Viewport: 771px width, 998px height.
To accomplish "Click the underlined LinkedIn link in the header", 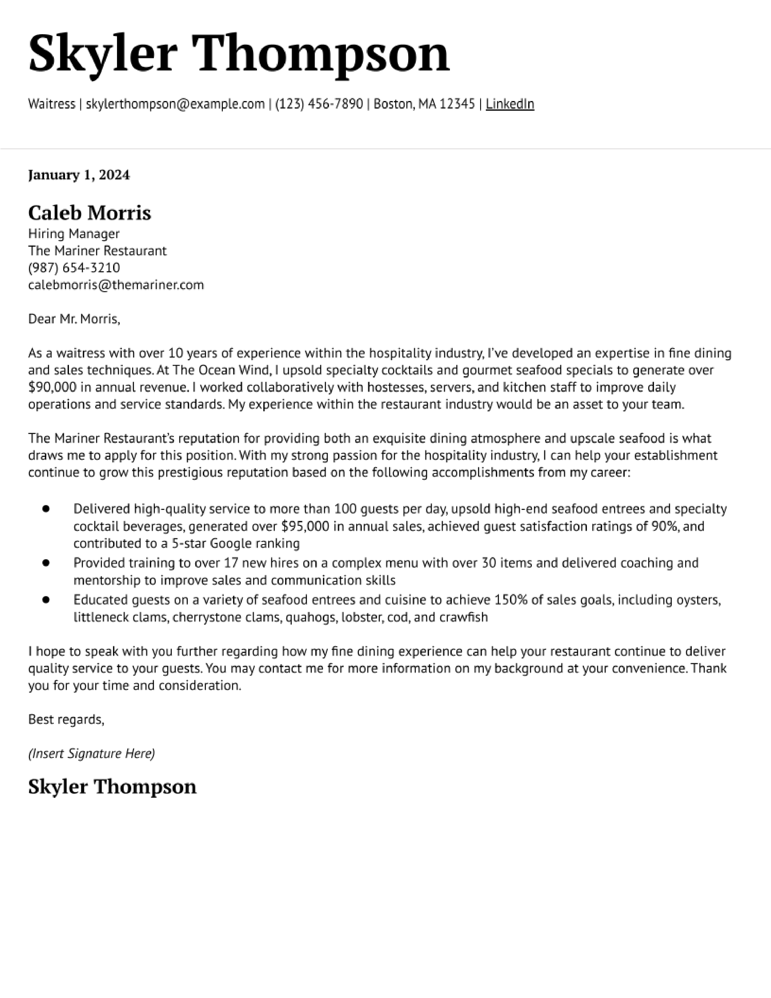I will coord(510,104).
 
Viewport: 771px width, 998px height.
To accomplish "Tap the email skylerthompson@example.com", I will coord(175,104).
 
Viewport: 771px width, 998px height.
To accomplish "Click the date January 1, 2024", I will coord(79,175).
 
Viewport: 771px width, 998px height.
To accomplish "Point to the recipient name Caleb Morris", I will coord(89,213).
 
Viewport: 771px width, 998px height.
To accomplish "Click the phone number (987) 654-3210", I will coord(74,268).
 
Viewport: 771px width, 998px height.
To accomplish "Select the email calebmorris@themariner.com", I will coord(116,285).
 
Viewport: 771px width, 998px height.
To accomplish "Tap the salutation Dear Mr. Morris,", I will coord(74,319).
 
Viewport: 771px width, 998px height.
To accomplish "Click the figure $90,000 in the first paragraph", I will coord(52,387).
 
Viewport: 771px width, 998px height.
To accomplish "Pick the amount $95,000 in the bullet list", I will coord(305,527).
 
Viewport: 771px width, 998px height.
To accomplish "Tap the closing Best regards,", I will coord(66,720).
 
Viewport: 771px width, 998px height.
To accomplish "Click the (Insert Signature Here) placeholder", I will coord(91,754).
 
